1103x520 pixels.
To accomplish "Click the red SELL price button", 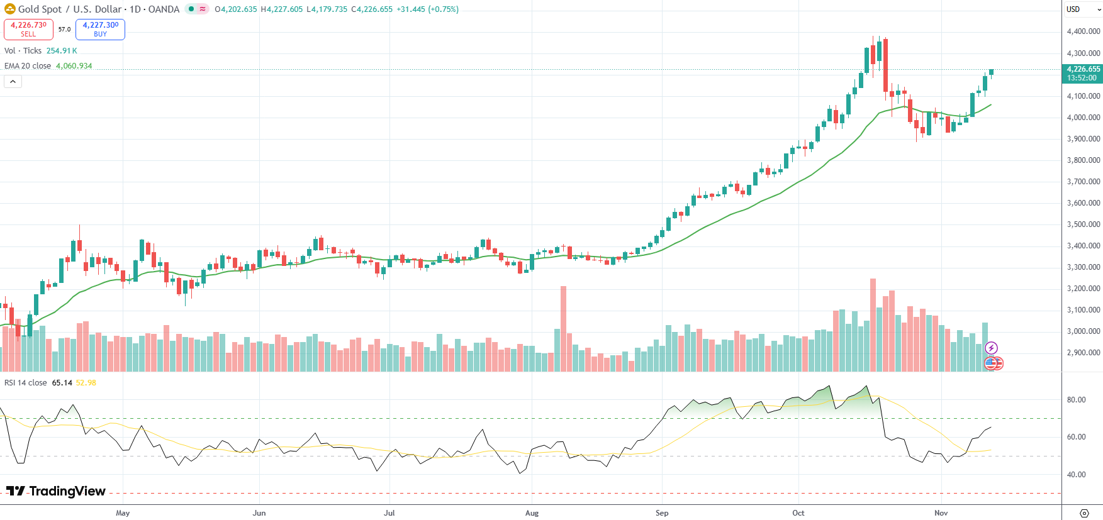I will (x=28, y=29).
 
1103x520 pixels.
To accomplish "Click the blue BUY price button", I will (x=100, y=29).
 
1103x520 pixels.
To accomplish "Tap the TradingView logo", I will (x=56, y=491).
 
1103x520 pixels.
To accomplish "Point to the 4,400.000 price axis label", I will (x=1083, y=31).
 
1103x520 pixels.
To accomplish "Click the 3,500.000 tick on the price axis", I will (x=1083, y=224).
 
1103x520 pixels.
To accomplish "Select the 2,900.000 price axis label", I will (x=1083, y=353).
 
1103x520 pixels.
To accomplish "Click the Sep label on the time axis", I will (x=662, y=513).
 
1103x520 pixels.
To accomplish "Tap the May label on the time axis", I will (x=123, y=513).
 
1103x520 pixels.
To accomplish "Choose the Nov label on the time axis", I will (x=941, y=513).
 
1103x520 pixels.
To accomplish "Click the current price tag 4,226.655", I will (x=1082, y=69).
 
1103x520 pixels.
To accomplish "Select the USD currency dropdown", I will (x=1082, y=9).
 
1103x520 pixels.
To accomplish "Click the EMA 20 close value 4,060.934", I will (x=74, y=66).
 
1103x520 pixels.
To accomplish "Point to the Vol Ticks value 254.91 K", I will (x=62, y=51).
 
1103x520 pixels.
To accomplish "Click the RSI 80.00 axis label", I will (x=1076, y=400).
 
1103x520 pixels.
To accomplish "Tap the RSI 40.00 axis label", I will (x=1076, y=475).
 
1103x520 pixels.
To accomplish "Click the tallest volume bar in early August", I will (x=563, y=327).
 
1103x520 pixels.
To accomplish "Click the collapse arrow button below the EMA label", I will (x=13, y=82).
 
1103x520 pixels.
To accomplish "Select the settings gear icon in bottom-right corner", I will (x=1083, y=513).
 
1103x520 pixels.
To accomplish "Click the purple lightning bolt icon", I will (x=991, y=348).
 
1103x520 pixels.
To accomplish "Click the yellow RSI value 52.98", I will (x=86, y=383).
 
